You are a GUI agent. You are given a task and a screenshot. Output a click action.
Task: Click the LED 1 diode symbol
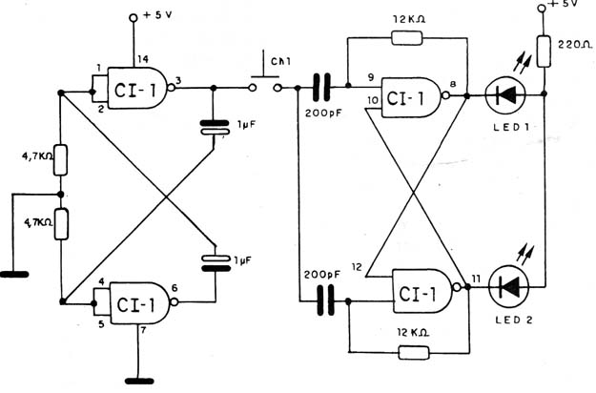click(x=505, y=94)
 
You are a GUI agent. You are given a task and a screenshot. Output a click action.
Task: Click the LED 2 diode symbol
click(x=508, y=288)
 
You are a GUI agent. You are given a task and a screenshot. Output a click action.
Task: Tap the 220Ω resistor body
click(x=544, y=52)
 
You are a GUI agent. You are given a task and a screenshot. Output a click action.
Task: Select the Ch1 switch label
click(x=280, y=62)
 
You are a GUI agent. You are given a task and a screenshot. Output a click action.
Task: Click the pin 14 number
click(x=143, y=59)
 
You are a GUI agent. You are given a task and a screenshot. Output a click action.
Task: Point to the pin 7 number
click(x=143, y=330)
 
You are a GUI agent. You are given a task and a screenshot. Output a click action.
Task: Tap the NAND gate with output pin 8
click(x=415, y=97)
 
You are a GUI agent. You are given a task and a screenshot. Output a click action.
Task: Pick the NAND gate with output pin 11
click(x=426, y=291)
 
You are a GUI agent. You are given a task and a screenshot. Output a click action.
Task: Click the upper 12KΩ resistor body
click(x=406, y=38)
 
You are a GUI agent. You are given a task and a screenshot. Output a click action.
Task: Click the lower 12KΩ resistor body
click(x=414, y=353)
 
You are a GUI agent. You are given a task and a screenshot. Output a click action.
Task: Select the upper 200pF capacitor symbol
click(x=321, y=88)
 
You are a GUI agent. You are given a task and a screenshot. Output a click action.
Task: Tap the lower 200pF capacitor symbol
click(x=326, y=301)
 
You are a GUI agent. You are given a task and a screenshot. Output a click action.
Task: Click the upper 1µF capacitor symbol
click(x=215, y=127)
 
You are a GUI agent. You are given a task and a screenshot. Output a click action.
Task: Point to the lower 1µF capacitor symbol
click(x=216, y=263)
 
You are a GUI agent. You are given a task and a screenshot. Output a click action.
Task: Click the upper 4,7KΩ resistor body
click(x=60, y=160)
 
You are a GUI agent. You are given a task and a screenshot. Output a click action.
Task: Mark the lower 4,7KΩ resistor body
click(x=61, y=224)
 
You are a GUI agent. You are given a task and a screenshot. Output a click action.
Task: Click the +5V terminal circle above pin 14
click(x=134, y=17)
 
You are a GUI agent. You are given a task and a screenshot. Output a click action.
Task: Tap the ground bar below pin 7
click(x=139, y=381)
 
